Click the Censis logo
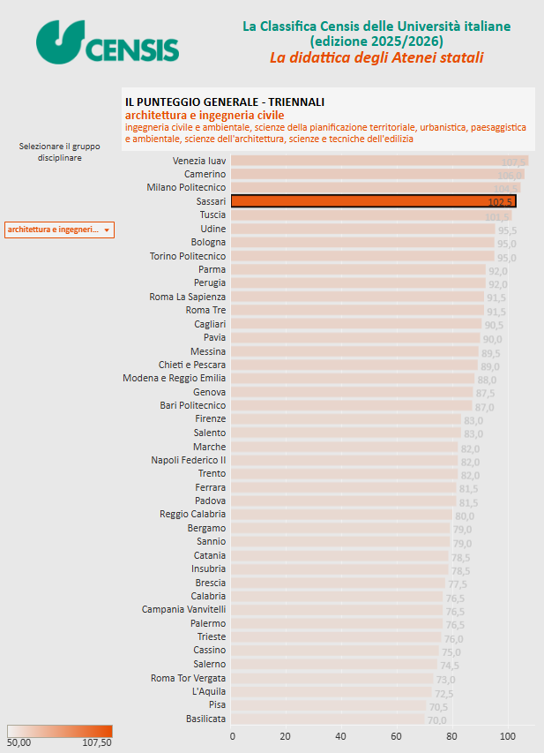(108, 42)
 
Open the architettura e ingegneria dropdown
(59, 230)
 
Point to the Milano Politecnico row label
(186, 188)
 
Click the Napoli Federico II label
(188, 460)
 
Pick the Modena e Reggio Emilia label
(174, 379)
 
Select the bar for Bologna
(362, 243)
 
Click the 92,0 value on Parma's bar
(498, 270)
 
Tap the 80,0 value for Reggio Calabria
(465, 515)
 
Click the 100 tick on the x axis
(507, 735)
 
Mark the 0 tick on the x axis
(233, 735)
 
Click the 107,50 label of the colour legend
(96, 743)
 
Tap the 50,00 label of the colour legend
(19, 743)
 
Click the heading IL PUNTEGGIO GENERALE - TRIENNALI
(225, 102)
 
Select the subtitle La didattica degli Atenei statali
(376, 58)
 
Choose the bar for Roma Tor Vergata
(332, 678)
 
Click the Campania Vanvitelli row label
(183, 610)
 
